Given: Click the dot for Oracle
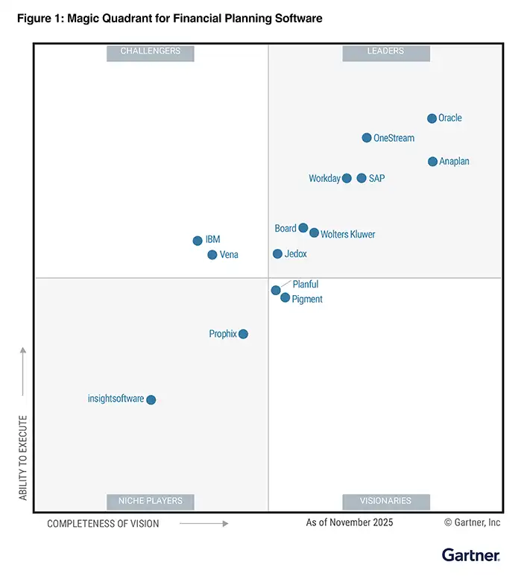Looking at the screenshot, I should tap(432, 118).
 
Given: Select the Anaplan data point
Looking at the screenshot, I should tap(432, 162).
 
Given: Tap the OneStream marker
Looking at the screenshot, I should tap(367, 138).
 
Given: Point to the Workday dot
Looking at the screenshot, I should tap(347, 178).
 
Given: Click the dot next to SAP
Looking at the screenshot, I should tap(362, 178).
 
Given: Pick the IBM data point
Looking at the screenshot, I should tap(198, 241).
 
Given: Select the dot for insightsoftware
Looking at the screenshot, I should tap(151, 400).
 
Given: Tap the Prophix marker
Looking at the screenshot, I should tap(243, 334).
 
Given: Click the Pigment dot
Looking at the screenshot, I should tap(285, 298).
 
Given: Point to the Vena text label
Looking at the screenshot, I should tap(229, 255).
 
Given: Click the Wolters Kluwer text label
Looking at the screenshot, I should tap(347, 235).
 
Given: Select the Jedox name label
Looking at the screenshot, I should tap(295, 254).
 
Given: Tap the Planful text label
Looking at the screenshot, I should tap(306, 285).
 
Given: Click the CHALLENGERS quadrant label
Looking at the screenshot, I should tap(150, 51).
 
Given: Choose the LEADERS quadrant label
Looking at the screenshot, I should tap(385, 51).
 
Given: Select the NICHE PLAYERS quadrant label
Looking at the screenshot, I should tap(150, 501).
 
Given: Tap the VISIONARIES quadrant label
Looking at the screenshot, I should tap(386, 501).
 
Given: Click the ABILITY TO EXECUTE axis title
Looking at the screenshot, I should tap(23, 458).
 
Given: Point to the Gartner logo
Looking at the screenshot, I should tap(470, 555).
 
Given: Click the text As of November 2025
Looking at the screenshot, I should tap(349, 522).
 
